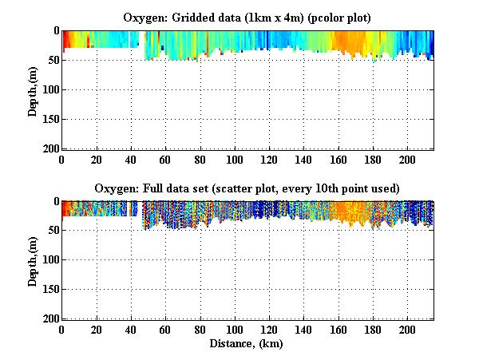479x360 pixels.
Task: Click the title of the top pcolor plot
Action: pyautogui.click(x=247, y=17)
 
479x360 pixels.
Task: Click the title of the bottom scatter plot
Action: pyautogui.click(x=247, y=188)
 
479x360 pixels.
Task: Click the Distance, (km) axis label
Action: pyautogui.click(x=247, y=343)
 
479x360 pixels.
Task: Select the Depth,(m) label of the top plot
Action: pyautogui.click(x=33, y=89)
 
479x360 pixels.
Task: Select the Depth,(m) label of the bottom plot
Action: pyautogui.click(x=33, y=260)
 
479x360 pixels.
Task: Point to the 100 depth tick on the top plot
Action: pyautogui.click(x=49, y=90)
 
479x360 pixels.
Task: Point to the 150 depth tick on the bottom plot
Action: pyautogui.click(x=49, y=290)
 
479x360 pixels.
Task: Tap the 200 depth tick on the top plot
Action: pyautogui.click(x=49, y=149)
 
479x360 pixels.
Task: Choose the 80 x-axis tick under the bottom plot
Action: pyautogui.click(x=200, y=330)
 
